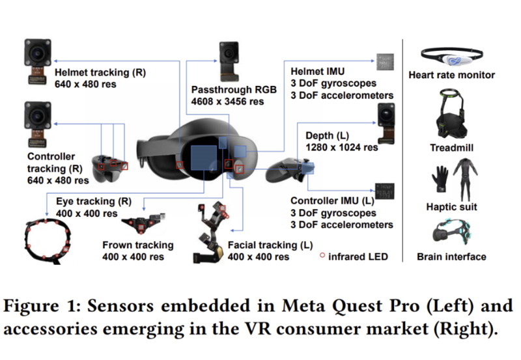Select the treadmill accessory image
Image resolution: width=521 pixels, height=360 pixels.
click(x=451, y=115)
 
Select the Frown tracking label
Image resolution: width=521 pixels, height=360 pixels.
click(x=138, y=245)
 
